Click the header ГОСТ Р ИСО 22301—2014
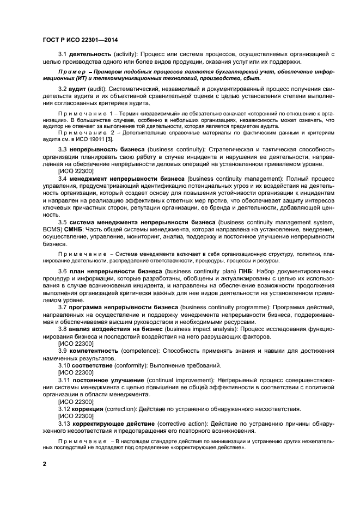click(x=80, y=40)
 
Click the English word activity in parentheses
click(x=126, y=54)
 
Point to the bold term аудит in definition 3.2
click(x=78, y=88)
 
